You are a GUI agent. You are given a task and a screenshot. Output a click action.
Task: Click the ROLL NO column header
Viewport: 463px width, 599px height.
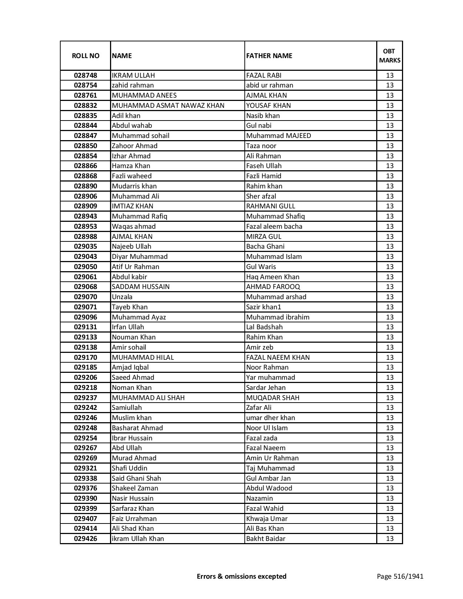pos(85,56)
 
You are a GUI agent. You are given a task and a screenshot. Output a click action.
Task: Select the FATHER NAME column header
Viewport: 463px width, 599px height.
pos(269,56)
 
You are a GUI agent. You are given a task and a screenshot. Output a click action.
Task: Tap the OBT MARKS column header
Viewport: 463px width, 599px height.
pos(390,56)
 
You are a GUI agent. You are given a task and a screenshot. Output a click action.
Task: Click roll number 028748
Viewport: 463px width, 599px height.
pos(85,76)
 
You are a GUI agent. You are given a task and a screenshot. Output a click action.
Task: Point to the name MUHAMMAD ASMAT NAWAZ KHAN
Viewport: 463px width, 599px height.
pos(168,106)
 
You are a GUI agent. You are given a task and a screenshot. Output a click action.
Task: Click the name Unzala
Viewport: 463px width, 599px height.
pos(122,297)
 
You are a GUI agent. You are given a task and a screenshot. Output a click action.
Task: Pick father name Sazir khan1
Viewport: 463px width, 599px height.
pos(264,307)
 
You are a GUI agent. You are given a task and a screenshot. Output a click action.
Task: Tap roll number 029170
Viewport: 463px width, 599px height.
pos(85,358)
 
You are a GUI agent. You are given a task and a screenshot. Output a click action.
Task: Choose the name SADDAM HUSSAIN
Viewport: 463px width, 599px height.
pos(141,287)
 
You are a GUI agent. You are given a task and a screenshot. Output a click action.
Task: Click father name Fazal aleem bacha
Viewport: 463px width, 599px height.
pos(274,227)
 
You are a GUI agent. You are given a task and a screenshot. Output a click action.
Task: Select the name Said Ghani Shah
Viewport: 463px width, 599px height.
pos(136,478)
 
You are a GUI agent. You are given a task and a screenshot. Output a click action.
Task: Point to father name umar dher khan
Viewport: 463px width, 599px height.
pos(271,418)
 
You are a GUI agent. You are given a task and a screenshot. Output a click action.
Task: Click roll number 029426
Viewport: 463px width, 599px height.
pos(85,539)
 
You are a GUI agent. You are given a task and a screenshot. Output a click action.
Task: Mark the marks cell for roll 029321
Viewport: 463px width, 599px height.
pos(390,468)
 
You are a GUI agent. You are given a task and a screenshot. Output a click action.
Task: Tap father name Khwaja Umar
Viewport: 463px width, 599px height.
pos(267,519)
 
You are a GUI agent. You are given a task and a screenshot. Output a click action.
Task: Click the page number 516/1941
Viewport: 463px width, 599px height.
pos(400,576)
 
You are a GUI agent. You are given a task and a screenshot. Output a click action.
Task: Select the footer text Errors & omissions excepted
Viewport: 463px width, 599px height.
pos(241,576)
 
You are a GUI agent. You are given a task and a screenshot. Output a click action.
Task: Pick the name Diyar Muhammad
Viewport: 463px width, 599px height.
pos(140,257)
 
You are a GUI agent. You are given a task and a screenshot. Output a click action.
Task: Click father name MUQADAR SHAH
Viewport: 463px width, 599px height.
pos(273,398)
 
